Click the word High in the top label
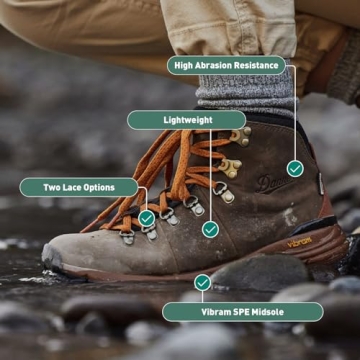[x=185, y=66]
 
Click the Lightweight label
[x=187, y=120]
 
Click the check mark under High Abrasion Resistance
[x=295, y=169]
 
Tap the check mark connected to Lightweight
[x=210, y=229]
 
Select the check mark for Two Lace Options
[x=147, y=217]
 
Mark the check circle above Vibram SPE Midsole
[x=203, y=283]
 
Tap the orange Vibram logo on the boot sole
[x=299, y=243]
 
